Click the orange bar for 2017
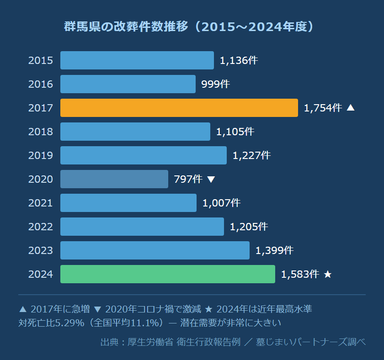click(x=179, y=108)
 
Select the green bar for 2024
click(x=167, y=274)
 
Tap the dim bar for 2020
click(x=114, y=179)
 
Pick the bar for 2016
click(x=128, y=84)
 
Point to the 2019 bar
click(x=143, y=155)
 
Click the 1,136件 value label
click(x=239, y=60)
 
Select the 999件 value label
click(x=215, y=84)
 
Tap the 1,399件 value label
click(x=274, y=250)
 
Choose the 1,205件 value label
click(x=249, y=227)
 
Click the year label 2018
click(x=41, y=132)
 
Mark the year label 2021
click(x=41, y=203)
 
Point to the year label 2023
click(x=41, y=250)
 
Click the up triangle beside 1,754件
click(x=351, y=108)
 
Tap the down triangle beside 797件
click(x=211, y=180)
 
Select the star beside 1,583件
click(x=327, y=274)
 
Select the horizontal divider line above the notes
click(x=192, y=295)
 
